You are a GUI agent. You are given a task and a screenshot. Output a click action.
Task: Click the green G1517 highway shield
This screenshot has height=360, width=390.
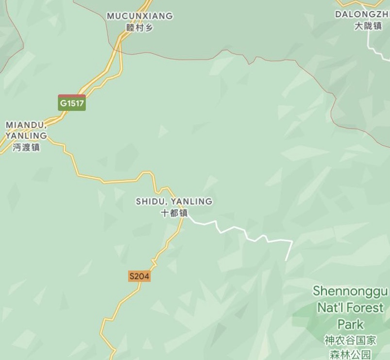coord(72,103)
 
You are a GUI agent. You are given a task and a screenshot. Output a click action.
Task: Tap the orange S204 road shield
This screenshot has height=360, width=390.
coord(139,276)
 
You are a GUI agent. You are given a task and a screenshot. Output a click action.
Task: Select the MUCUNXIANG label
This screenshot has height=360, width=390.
coord(140,16)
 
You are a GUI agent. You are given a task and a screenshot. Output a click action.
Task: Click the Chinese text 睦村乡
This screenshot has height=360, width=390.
coord(140,28)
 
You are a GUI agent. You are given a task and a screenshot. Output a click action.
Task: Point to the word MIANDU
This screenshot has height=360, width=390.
coord(25,125)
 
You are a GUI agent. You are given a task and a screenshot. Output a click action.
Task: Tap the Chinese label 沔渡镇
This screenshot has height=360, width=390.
coord(26,147)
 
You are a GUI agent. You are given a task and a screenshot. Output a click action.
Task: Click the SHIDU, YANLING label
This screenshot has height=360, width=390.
coord(174,201)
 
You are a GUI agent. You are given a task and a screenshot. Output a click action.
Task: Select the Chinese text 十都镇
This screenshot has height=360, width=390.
coord(174,213)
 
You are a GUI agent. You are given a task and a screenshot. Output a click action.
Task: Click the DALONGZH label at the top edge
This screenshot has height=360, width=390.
coord(362,15)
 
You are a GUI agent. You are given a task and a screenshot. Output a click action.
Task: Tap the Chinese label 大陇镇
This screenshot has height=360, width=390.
coord(368,26)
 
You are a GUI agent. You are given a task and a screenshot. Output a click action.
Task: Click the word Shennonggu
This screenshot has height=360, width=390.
coord(350,291)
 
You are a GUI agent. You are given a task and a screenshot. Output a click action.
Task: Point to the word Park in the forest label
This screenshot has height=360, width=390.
coord(350,324)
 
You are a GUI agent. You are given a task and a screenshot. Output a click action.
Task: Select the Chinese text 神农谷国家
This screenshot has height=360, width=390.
coord(350,341)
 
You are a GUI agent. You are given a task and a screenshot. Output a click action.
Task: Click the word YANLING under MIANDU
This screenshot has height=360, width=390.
coord(26,136)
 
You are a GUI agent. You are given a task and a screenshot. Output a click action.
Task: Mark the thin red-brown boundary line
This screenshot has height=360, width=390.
coord(272,60)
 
